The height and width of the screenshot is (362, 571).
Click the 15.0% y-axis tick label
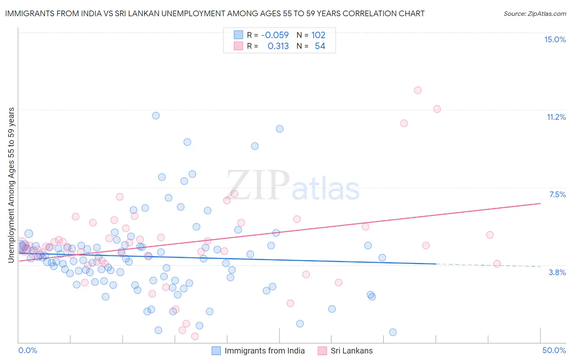tap(555, 39)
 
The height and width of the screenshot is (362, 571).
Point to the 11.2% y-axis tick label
tap(556, 117)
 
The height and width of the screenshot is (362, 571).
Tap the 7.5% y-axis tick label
tap(557, 194)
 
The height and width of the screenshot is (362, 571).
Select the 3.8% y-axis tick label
tap(557, 272)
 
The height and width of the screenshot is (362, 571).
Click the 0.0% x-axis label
tap(28, 350)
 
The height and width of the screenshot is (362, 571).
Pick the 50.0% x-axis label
tap(554, 350)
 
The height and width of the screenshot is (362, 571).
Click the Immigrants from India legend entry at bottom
tap(264, 351)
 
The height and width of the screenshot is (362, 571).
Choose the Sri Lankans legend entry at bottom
tap(351, 351)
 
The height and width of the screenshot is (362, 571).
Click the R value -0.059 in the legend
tap(275, 35)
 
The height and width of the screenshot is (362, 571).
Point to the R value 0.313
tap(278, 46)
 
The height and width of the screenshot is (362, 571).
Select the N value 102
tap(318, 35)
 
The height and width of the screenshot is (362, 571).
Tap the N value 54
tap(320, 46)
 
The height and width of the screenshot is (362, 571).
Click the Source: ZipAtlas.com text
tap(534, 13)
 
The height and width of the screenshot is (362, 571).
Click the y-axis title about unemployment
tap(11, 185)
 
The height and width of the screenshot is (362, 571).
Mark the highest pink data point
tap(417, 90)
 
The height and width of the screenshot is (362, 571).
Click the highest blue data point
tap(156, 116)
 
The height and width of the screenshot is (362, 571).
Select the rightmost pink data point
tap(497, 264)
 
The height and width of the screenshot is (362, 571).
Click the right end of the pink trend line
tap(540, 203)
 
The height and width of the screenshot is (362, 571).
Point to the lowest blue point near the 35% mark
tap(393, 332)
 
